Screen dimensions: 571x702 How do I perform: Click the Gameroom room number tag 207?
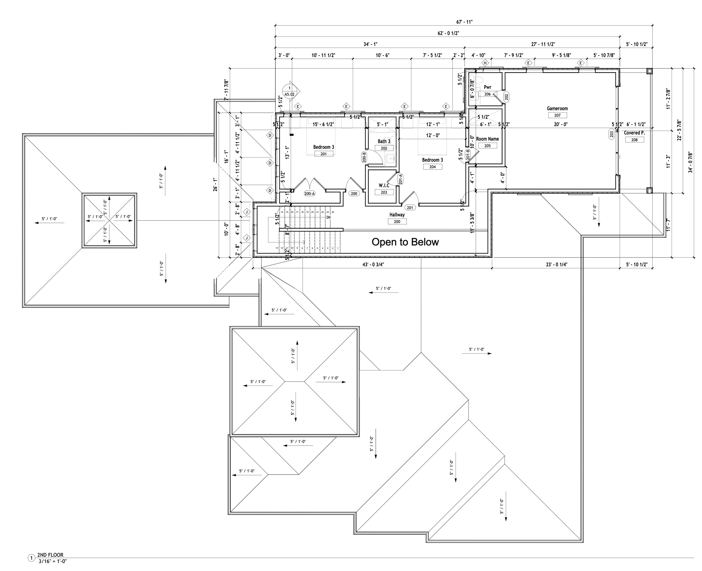pos(557,115)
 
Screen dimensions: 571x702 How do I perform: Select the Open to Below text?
pos(405,242)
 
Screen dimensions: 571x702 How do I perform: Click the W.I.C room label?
pos(384,186)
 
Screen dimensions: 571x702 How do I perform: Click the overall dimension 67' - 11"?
pos(464,22)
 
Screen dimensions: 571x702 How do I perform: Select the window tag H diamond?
pos(485,63)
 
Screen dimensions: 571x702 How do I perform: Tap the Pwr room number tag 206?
pos(488,94)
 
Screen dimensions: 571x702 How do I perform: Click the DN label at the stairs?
pos(329,217)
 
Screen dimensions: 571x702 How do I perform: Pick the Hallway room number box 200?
pos(397,222)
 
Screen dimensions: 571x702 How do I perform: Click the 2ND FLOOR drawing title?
pos(50,555)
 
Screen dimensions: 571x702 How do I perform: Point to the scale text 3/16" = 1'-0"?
pos(53,562)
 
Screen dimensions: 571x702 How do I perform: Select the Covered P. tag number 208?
pos(634,140)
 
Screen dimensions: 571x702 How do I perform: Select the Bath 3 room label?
pos(384,142)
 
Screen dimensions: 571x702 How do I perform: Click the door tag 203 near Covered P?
pos(611,134)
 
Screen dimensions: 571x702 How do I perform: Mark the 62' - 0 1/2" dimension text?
pos(448,33)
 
